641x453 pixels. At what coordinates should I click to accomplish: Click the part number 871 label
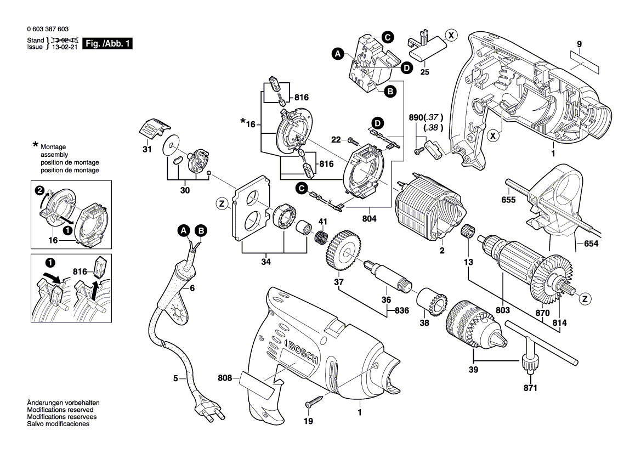point(530,388)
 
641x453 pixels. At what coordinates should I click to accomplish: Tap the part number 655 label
point(508,200)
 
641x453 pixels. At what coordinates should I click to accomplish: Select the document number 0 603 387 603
point(47,29)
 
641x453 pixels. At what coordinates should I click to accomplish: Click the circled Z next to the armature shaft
point(586,299)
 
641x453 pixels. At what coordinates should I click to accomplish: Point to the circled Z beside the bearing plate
point(222,204)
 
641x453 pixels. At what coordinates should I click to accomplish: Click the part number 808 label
point(225,378)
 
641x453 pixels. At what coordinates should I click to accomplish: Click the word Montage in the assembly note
point(53,148)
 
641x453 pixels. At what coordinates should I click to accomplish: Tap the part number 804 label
point(370,219)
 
